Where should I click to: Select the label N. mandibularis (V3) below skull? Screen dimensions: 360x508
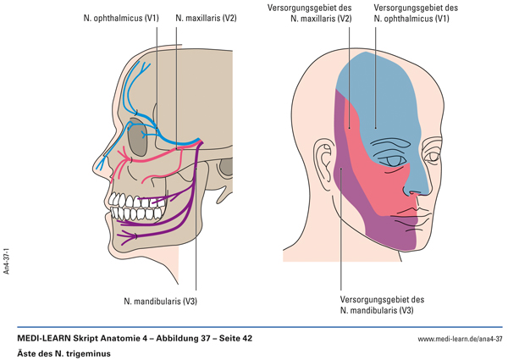click(x=160, y=300)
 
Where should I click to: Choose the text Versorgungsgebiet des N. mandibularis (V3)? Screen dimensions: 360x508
click(x=382, y=304)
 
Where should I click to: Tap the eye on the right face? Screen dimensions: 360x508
click(x=392, y=160)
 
